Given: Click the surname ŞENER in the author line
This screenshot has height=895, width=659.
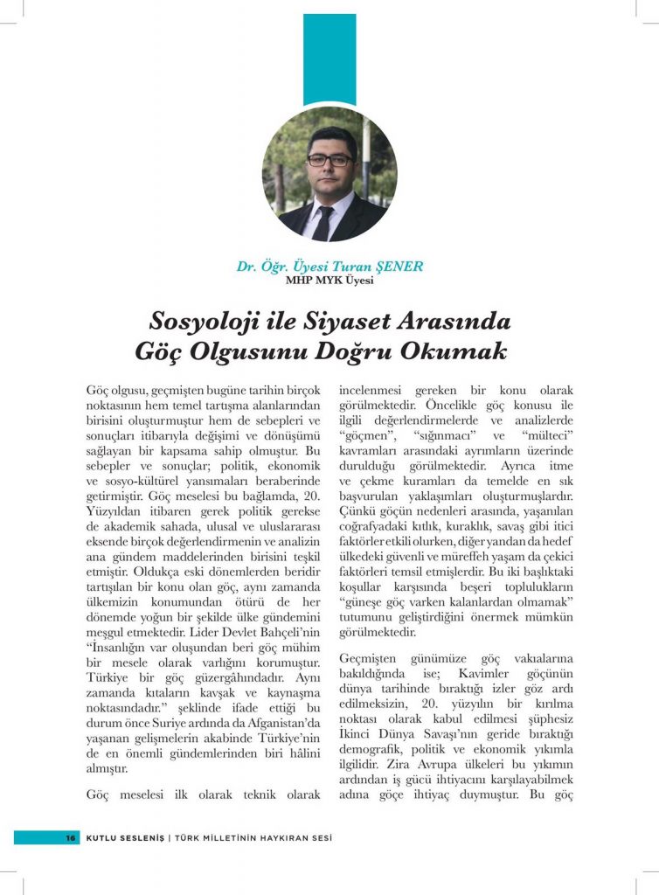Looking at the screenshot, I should [398, 267].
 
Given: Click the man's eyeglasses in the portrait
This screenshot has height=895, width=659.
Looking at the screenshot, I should [329, 160].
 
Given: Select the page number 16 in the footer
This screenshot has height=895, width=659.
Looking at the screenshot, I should [70, 837].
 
